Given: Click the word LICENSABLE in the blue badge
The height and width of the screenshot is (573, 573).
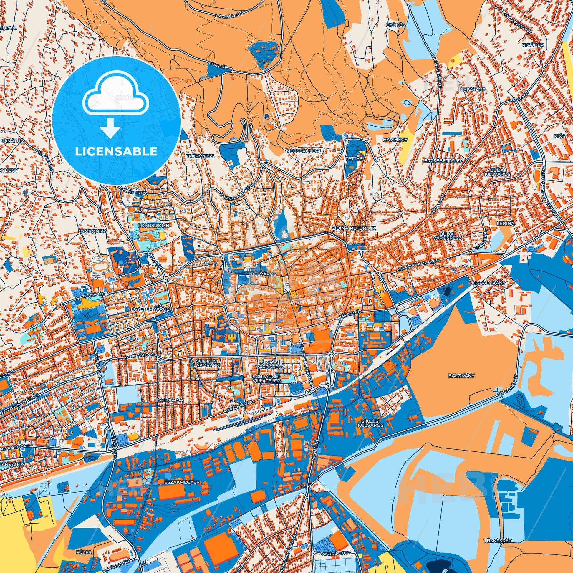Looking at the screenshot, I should point(116,152).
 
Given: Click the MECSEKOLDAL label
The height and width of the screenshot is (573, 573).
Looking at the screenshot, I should point(304,151).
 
